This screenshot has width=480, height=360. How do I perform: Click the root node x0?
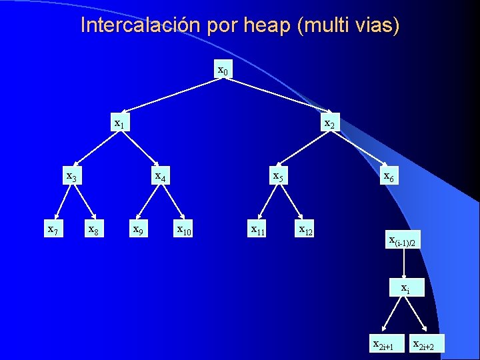tap(224, 69)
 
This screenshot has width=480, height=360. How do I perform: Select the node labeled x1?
tap(120, 123)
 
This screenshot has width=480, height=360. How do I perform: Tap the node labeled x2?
tap(329, 124)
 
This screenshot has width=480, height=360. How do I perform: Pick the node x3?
tap(71, 177)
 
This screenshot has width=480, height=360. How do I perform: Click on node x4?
tap(160, 177)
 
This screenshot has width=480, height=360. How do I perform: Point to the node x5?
tap(278, 177)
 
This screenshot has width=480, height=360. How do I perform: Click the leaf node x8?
tap(94, 230)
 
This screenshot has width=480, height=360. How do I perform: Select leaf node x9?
tap(137, 230)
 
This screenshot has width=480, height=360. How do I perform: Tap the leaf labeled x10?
tap(183, 231)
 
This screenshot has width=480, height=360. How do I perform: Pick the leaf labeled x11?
tap(258, 231)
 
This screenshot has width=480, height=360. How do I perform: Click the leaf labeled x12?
tap(306, 231)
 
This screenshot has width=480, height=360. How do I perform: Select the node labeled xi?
tap(405, 289)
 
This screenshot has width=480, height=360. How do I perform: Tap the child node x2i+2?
tap(428, 345)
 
